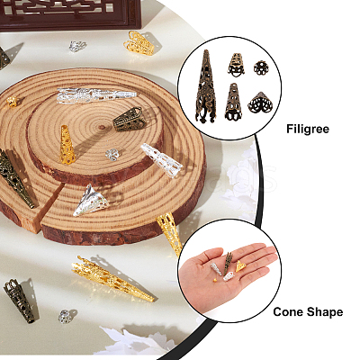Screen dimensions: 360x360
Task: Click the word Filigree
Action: pyautogui.click(x=308, y=129)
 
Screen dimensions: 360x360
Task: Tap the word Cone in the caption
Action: pyautogui.click(x=286, y=312)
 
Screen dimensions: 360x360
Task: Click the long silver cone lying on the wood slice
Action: pyautogui.click(x=96, y=95)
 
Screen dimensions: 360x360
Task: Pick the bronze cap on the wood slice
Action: pyautogui.click(x=130, y=120)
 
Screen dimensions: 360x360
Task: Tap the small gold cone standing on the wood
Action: pyautogui.click(x=67, y=145)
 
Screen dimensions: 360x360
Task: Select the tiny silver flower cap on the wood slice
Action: pyautogui.click(x=112, y=155)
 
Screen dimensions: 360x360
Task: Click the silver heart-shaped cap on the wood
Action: pyautogui.click(x=90, y=201)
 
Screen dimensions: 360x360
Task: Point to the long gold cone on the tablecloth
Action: pyautogui.click(x=112, y=278)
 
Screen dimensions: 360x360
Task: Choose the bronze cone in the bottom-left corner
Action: pyautogui.click(x=20, y=301)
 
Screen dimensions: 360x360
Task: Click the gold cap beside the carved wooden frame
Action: pyautogui.click(x=139, y=43)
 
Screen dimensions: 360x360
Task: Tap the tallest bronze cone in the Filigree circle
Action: pyautogui.click(x=206, y=86)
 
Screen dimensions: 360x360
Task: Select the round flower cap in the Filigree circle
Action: pyautogui.click(x=261, y=67)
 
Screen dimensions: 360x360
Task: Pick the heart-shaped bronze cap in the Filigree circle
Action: pyautogui.click(x=260, y=103)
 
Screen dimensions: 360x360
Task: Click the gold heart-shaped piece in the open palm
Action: pyautogui.click(x=240, y=265)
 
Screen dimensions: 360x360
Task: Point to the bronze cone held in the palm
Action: pyautogui.click(x=228, y=264)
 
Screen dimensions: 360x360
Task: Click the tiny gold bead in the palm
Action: pyautogui.click(x=215, y=280)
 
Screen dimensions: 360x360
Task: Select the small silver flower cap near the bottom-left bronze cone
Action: pyautogui.click(x=65, y=316)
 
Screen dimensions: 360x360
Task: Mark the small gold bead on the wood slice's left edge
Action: pyautogui.click(x=12, y=102)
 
